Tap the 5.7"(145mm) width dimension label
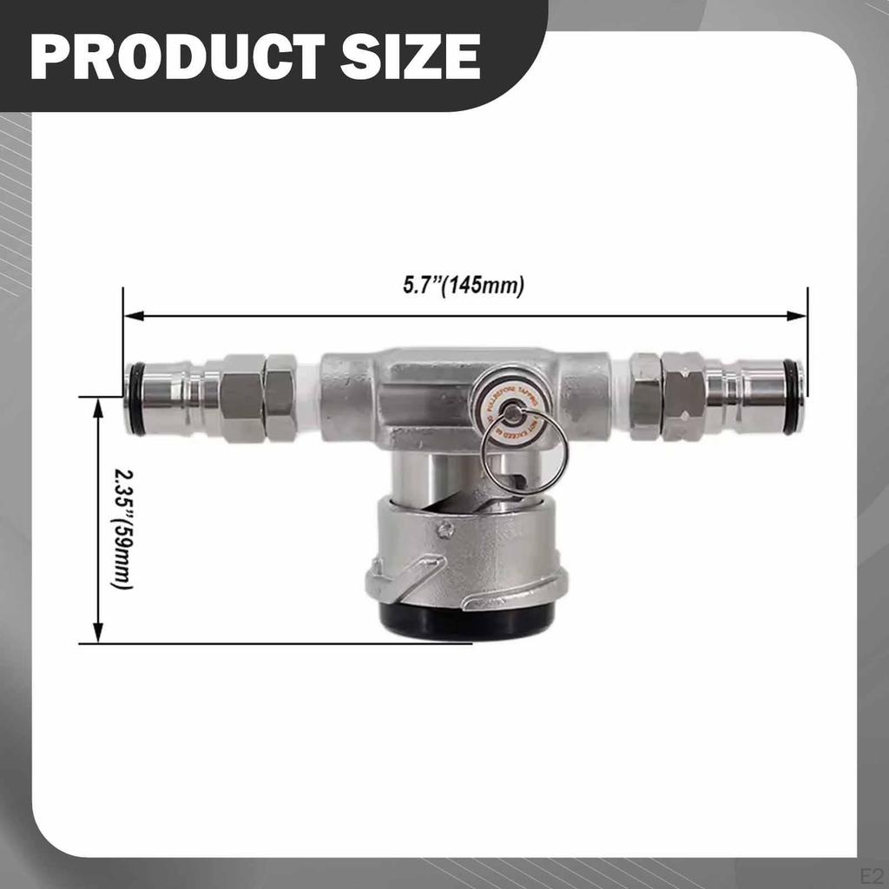[464, 286]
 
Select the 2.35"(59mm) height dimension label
[122, 529]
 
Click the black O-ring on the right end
[792, 397]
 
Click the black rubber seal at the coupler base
[466, 621]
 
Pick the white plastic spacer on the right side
[620, 396]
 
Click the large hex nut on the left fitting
[241, 398]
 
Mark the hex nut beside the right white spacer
[646, 397]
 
